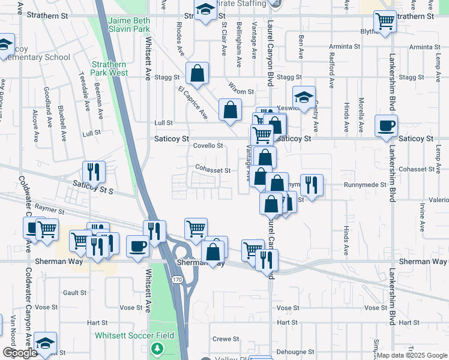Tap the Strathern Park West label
(109, 68)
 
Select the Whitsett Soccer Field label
(134, 335)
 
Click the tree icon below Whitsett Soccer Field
(157, 348)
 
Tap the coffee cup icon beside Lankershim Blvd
(386, 125)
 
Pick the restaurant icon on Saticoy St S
(94, 172)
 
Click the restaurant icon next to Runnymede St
(311, 185)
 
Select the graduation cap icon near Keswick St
(304, 97)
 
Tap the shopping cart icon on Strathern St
(385, 21)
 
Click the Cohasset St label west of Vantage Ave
(213, 170)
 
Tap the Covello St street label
(208, 146)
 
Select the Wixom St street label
(241, 91)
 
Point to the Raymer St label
(49, 206)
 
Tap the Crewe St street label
(226, 339)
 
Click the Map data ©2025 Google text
(411, 355)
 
